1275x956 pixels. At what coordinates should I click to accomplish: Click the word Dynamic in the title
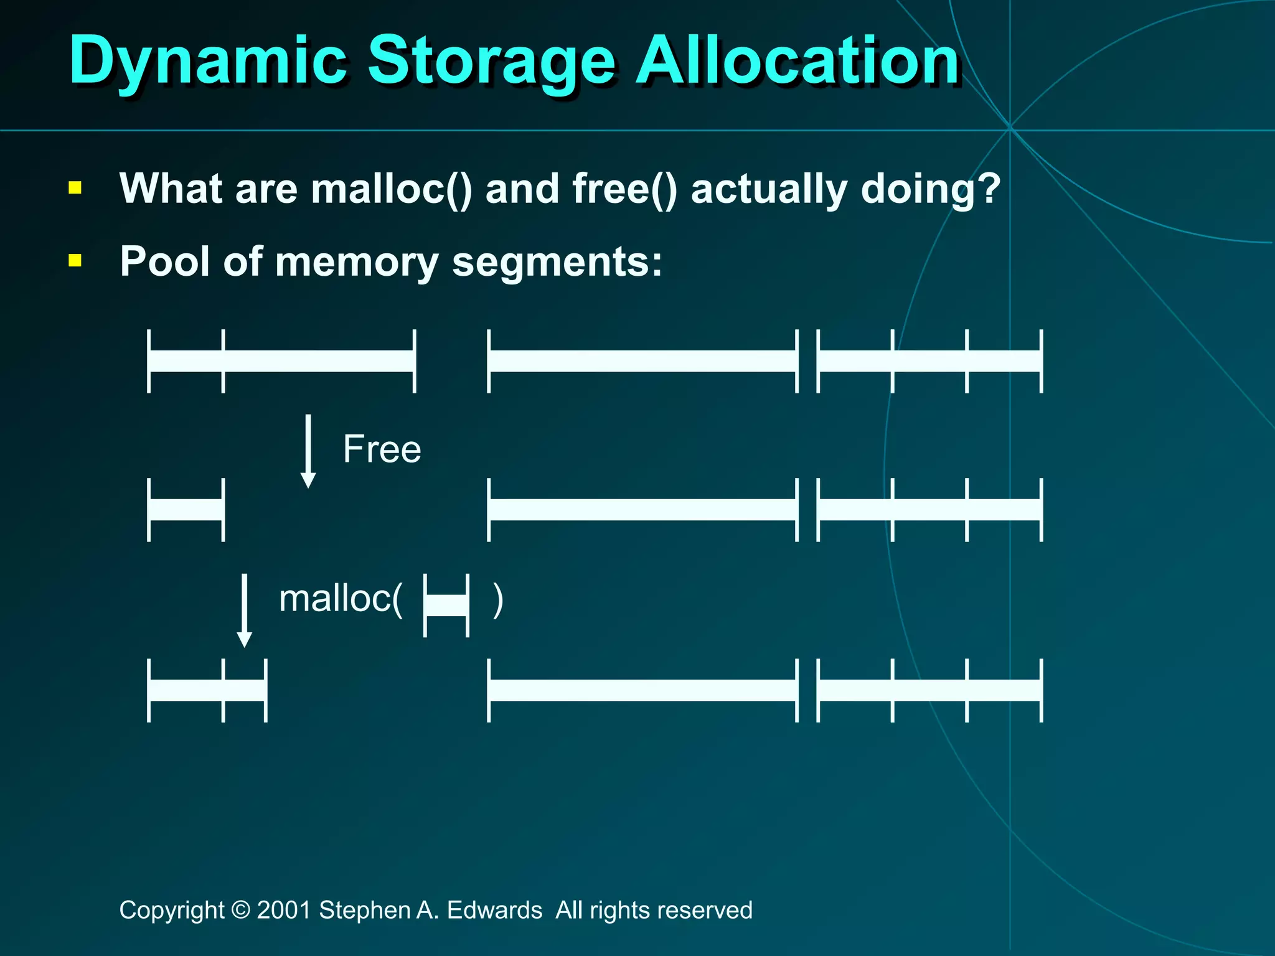pyautogui.click(x=208, y=61)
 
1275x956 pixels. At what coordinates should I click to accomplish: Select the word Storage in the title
pyautogui.click(x=492, y=61)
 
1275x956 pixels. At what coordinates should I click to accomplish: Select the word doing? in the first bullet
pyautogui.click(x=930, y=189)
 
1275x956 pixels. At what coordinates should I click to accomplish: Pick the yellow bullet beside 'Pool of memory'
pyautogui.click(x=75, y=260)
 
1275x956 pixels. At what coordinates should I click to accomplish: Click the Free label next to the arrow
pyautogui.click(x=382, y=449)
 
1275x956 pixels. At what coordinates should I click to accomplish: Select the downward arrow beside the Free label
pyautogui.click(x=308, y=451)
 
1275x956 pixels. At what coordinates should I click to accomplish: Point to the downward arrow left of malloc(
pyautogui.click(x=245, y=610)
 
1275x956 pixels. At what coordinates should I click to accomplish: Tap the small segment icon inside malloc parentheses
pyautogui.click(x=446, y=606)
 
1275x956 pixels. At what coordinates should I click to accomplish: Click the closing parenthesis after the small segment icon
pyautogui.click(x=497, y=600)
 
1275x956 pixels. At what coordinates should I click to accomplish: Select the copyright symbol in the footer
pyautogui.click(x=240, y=910)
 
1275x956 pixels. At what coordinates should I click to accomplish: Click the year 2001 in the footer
pyautogui.click(x=284, y=910)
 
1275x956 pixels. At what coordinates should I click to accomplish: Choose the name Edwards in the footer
pyautogui.click(x=494, y=910)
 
